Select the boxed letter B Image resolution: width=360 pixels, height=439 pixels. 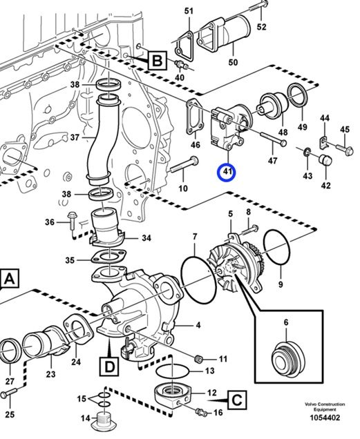pos(157,60)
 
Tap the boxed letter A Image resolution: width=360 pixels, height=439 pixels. pos(9,279)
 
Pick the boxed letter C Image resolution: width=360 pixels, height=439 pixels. pos(237,400)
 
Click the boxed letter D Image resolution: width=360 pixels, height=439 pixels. pos(109,367)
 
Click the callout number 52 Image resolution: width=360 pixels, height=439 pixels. pos(261,27)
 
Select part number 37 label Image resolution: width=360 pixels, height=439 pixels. pos(75,137)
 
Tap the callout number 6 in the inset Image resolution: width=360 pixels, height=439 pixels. pos(286,322)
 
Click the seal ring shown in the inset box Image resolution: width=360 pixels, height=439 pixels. pos(289,358)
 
